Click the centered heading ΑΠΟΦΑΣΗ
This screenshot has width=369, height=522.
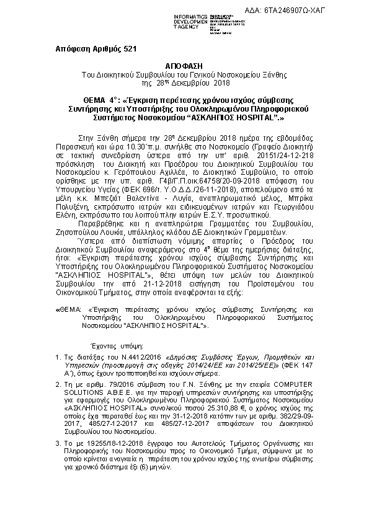click(184, 65)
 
